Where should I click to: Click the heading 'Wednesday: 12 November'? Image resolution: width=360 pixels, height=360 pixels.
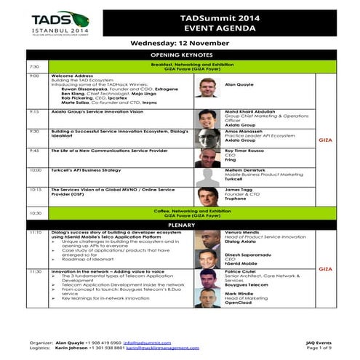coord(179,44)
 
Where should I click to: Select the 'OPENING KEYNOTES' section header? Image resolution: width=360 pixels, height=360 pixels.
coord(179,55)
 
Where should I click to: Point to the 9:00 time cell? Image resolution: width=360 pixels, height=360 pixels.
coord(34,76)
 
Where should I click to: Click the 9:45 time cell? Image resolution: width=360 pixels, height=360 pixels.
coord(35,150)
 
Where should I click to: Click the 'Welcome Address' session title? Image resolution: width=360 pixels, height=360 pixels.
coord(70,76)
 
